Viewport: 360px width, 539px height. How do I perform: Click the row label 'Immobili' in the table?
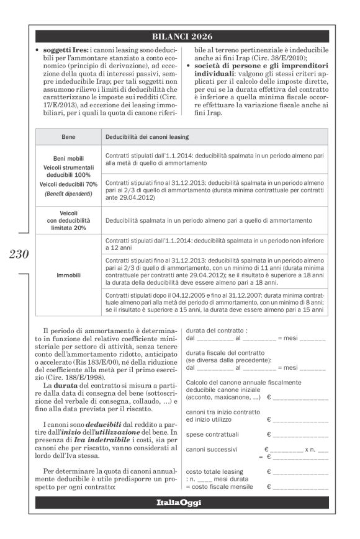click(x=68, y=274)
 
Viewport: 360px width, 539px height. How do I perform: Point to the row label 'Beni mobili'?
click(x=68, y=158)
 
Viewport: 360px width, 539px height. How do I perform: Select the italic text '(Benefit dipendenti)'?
click(x=68, y=193)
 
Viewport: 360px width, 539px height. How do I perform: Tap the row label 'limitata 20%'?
click(x=68, y=228)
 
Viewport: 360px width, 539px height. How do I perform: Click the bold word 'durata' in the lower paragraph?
click(x=68, y=386)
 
